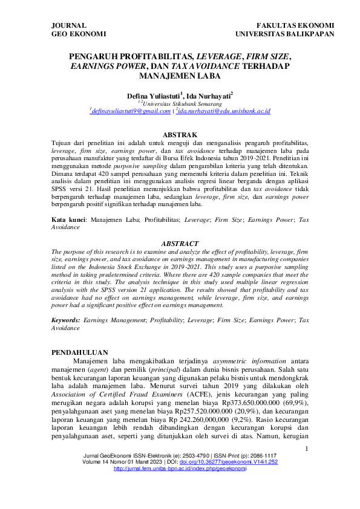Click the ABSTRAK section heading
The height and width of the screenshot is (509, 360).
180,134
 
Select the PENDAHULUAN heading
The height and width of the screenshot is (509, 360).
80,352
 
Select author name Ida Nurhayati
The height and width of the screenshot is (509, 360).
209,96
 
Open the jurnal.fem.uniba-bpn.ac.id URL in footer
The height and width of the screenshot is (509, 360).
180,485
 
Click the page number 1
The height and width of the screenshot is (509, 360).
307,465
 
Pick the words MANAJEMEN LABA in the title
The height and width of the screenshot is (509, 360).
180,77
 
